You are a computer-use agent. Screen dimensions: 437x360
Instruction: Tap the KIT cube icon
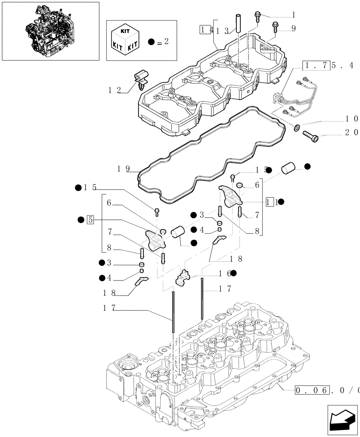click(x=126, y=41)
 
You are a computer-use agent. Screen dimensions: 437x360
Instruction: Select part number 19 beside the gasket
click(x=124, y=169)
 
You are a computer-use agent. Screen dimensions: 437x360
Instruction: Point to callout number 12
click(x=115, y=91)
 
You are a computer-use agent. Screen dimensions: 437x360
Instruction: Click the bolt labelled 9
click(x=275, y=27)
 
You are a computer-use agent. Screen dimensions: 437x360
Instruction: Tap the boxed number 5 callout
click(x=90, y=219)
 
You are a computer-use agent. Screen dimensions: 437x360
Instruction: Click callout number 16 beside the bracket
click(x=224, y=273)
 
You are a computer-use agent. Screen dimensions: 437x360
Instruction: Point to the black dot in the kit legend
click(x=152, y=42)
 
